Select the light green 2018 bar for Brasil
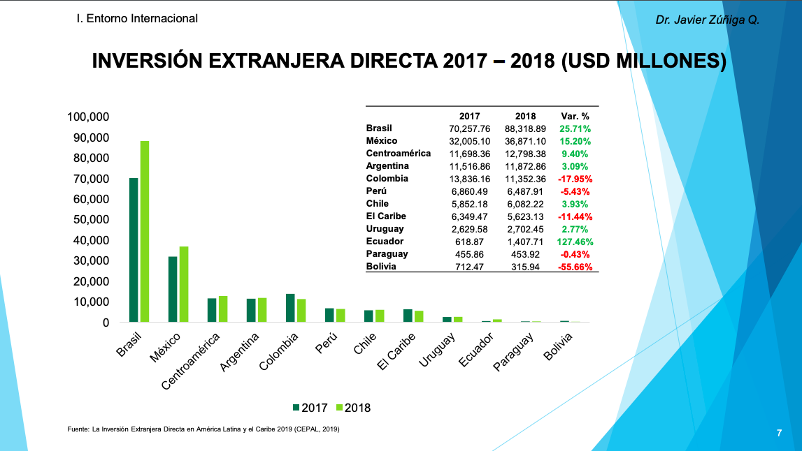point(145,232)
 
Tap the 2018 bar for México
point(184,284)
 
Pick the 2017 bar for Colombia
point(290,308)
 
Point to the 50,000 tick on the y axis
point(89,219)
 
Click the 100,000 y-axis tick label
point(89,117)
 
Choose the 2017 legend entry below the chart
point(309,408)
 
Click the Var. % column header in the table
point(575,116)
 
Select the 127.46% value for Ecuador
point(575,242)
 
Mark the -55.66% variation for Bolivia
point(575,267)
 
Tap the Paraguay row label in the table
point(387,254)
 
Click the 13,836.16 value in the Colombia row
point(470,179)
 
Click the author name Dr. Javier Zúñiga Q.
point(707,20)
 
